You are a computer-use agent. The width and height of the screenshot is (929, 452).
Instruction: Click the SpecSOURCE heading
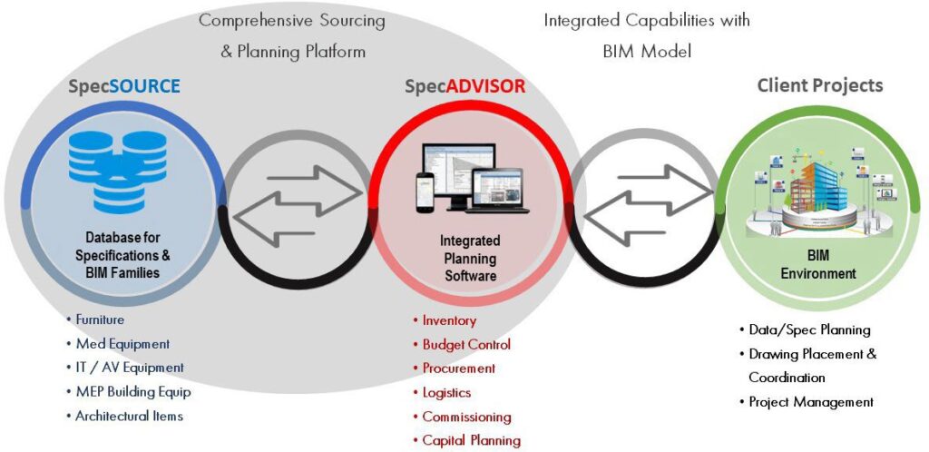click(124, 87)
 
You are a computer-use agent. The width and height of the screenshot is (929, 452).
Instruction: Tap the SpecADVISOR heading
click(464, 87)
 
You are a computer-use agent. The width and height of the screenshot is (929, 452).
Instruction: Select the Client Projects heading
click(819, 86)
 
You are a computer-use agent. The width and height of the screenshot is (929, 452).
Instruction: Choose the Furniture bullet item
click(99, 319)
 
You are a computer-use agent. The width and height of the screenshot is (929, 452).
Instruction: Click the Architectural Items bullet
click(129, 416)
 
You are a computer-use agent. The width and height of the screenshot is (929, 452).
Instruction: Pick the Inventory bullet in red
click(449, 320)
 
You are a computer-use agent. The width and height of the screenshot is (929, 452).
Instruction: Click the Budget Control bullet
click(466, 345)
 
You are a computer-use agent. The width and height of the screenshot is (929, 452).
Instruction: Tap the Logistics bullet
click(446, 393)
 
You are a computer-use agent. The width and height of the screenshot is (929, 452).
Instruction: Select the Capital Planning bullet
click(471, 441)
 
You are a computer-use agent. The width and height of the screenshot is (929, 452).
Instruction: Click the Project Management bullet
click(810, 401)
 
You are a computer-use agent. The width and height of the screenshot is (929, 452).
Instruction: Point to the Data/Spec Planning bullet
click(809, 329)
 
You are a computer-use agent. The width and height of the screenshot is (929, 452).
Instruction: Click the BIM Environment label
click(819, 263)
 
